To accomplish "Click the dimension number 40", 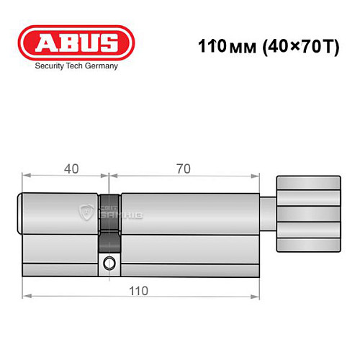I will [x=71, y=169].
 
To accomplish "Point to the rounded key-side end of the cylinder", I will [x=20, y=213].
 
